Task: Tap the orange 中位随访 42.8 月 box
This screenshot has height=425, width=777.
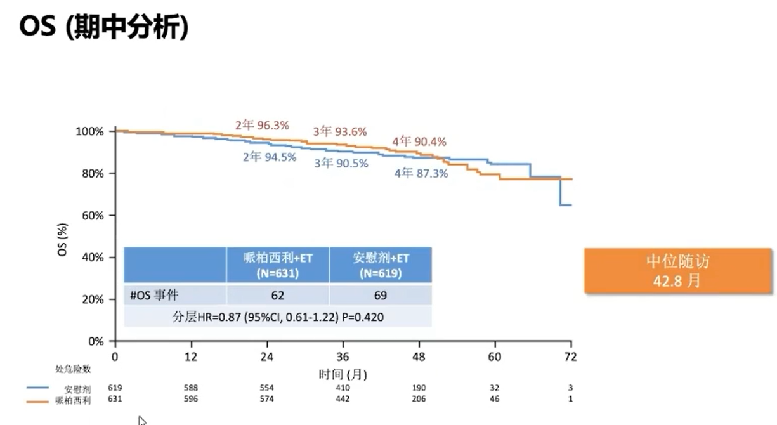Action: point(677,271)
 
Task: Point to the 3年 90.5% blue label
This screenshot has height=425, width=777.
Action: point(341,163)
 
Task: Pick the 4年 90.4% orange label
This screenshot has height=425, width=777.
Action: point(419,141)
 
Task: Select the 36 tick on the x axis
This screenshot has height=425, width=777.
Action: point(343,357)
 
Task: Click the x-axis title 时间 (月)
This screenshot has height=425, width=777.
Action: point(343,374)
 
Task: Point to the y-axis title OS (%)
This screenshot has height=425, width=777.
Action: point(62,240)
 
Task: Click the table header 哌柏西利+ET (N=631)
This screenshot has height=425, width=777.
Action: point(278,265)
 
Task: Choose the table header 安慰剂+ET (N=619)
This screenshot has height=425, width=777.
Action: point(381,265)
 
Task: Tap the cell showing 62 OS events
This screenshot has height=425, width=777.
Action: point(278,296)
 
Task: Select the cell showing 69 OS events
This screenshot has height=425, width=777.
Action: point(381,296)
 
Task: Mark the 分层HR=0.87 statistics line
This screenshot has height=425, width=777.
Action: point(278,317)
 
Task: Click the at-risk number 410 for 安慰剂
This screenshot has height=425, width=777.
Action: point(343,388)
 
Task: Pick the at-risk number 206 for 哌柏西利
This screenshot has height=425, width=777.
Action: point(419,399)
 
